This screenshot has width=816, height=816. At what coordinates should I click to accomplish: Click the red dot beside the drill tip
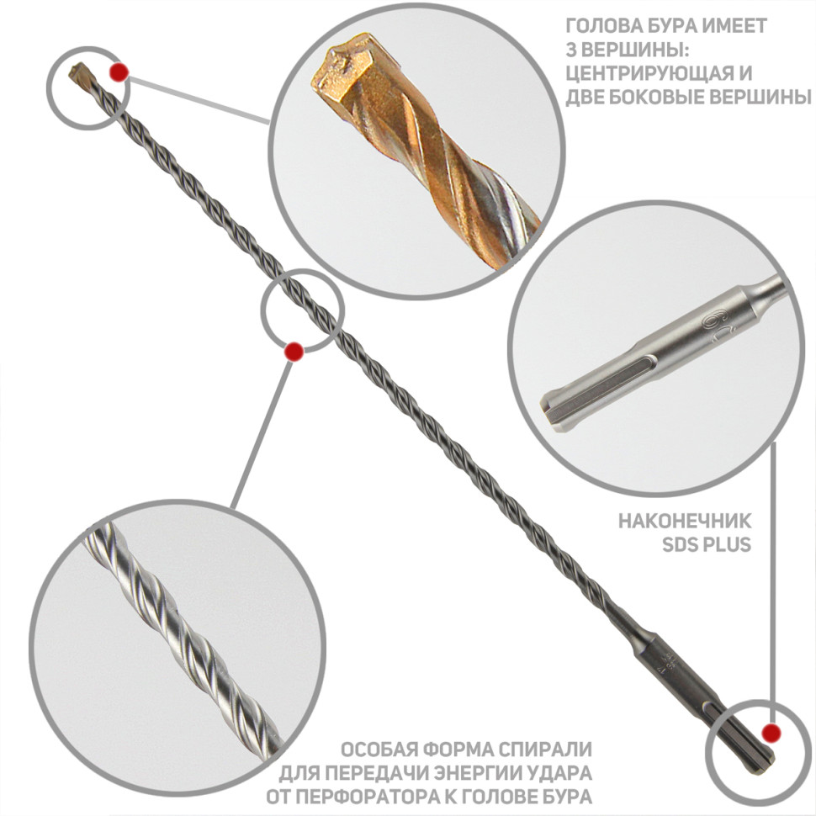(119, 72)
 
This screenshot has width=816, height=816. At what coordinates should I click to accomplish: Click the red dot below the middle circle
(294, 352)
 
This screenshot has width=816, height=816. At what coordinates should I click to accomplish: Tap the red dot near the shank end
(771, 734)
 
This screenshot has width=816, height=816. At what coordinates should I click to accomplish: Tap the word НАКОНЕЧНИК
(685, 521)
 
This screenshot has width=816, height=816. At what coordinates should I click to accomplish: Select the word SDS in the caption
(680, 545)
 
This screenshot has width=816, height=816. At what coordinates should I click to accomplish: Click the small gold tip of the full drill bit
(81, 73)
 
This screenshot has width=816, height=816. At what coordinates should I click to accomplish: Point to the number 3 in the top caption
(571, 50)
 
